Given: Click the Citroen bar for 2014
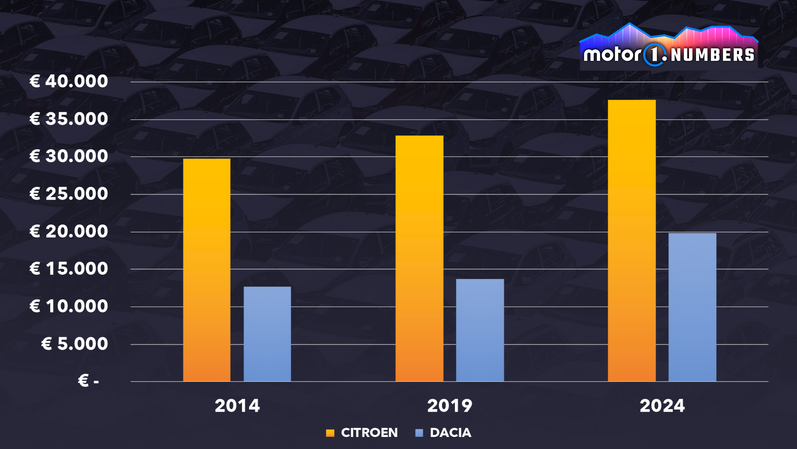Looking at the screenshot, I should point(207,270).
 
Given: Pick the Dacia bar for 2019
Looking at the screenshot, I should point(480,330).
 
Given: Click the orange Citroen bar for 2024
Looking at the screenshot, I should point(632,241).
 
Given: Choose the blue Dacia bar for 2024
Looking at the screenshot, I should point(692,307).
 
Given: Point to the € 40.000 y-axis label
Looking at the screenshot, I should point(69,81).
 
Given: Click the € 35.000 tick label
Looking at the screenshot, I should point(69,119).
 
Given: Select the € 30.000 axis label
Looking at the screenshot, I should point(69,156).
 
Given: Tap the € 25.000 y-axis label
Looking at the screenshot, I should point(69,194).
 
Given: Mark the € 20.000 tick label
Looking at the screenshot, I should point(69,232).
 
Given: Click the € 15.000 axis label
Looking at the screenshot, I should point(69,269).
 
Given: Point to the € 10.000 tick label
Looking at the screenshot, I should point(69,306).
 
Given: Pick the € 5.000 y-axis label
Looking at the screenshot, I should point(75,344).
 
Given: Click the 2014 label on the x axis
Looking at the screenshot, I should point(237,406).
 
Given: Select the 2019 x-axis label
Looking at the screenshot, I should point(450,406).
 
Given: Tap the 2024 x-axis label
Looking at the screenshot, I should point(662,406).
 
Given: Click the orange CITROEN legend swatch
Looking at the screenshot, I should point(330,433).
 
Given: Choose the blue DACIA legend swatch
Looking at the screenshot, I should point(419,433).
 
